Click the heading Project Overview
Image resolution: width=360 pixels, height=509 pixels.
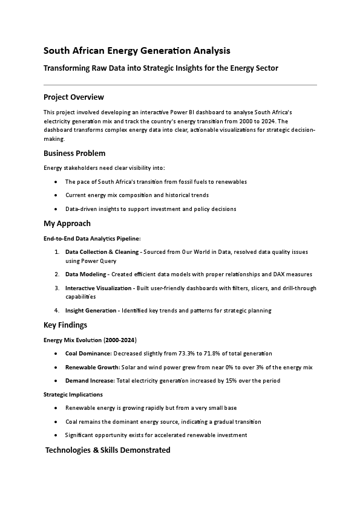[x=74, y=97]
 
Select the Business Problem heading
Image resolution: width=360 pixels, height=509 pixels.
[x=74, y=154]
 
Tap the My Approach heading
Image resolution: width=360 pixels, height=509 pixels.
[x=67, y=224]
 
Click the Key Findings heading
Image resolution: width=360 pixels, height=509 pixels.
[x=65, y=325]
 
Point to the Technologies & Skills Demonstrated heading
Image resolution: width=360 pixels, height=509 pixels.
[x=108, y=450]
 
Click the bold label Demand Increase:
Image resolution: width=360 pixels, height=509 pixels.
[x=90, y=381]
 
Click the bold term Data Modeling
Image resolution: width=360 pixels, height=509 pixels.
[x=87, y=274]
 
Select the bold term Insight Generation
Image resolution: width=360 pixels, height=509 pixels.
[x=91, y=311]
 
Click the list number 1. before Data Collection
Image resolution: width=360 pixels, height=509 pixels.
[x=57, y=251]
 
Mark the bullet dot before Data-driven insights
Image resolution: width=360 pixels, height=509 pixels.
[x=56, y=209]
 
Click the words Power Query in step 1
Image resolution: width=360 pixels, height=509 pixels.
[x=98, y=261]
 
